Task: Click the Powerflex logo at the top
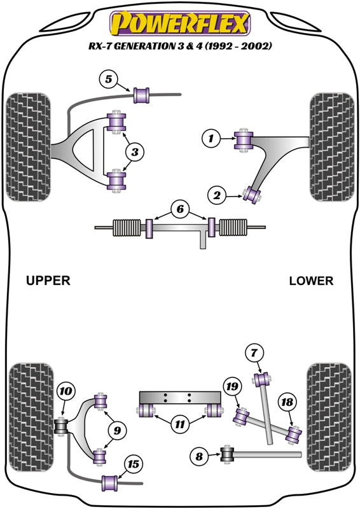tap(180, 24)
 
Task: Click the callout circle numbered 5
tap(109, 80)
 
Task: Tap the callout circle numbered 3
tap(135, 151)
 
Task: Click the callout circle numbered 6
tap(180, 209)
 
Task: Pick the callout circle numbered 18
tap(287, 401)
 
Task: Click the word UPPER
tap(48, 281)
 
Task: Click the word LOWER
tap(310, 281)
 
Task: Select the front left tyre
tap(27, 147)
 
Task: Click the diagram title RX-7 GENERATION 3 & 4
tap(180, 46)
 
